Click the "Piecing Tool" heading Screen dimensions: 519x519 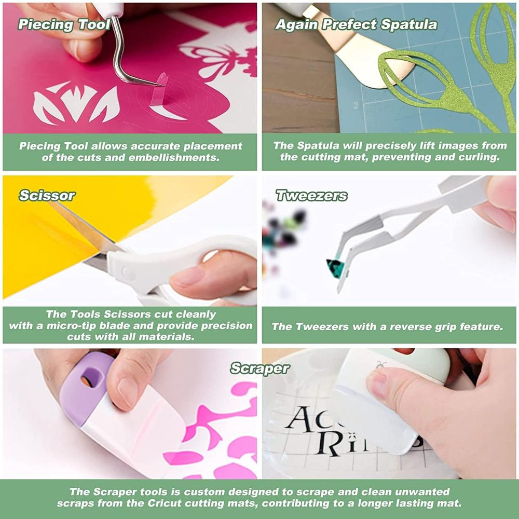coord(64,25)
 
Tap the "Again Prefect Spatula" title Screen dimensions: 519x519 coord(356,25)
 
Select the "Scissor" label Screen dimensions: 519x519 coord(47,196)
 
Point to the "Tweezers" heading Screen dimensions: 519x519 coord(311,196)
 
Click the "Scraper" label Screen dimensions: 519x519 coord(260,368)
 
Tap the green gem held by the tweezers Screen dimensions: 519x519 coord(335,264)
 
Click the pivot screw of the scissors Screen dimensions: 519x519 coord(126,272)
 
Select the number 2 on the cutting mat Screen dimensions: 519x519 coord(356,105)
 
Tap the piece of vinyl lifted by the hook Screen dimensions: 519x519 coord(159,89)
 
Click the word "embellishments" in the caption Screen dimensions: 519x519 coord(174,158)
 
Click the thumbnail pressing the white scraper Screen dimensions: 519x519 coord(378,380)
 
